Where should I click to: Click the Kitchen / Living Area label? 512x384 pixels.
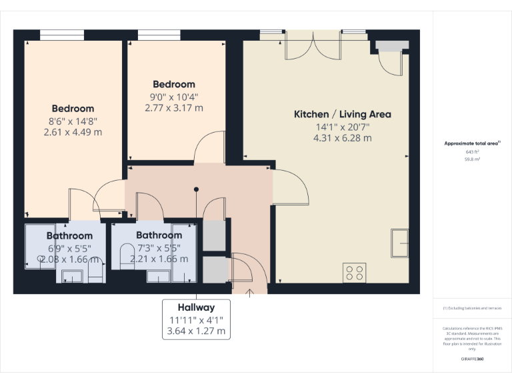343,114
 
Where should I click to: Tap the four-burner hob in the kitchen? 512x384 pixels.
354,272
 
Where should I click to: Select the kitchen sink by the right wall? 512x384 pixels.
400,243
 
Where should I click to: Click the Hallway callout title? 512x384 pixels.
196,307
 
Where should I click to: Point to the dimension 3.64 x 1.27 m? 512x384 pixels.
196,331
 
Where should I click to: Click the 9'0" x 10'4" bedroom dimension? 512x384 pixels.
174,96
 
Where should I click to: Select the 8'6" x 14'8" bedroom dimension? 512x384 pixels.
73,120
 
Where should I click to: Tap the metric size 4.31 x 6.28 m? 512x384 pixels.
343,138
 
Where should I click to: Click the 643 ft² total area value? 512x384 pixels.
473,151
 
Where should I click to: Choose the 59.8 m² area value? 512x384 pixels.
473,159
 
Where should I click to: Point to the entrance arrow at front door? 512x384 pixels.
250,291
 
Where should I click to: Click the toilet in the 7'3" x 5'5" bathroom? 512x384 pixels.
125,255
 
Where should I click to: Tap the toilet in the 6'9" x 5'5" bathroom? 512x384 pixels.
95,269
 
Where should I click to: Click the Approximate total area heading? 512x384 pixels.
472,143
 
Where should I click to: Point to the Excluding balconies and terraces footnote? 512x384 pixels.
473,308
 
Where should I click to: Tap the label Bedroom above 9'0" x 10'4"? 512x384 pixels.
174,84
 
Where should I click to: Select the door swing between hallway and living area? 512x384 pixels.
291,189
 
